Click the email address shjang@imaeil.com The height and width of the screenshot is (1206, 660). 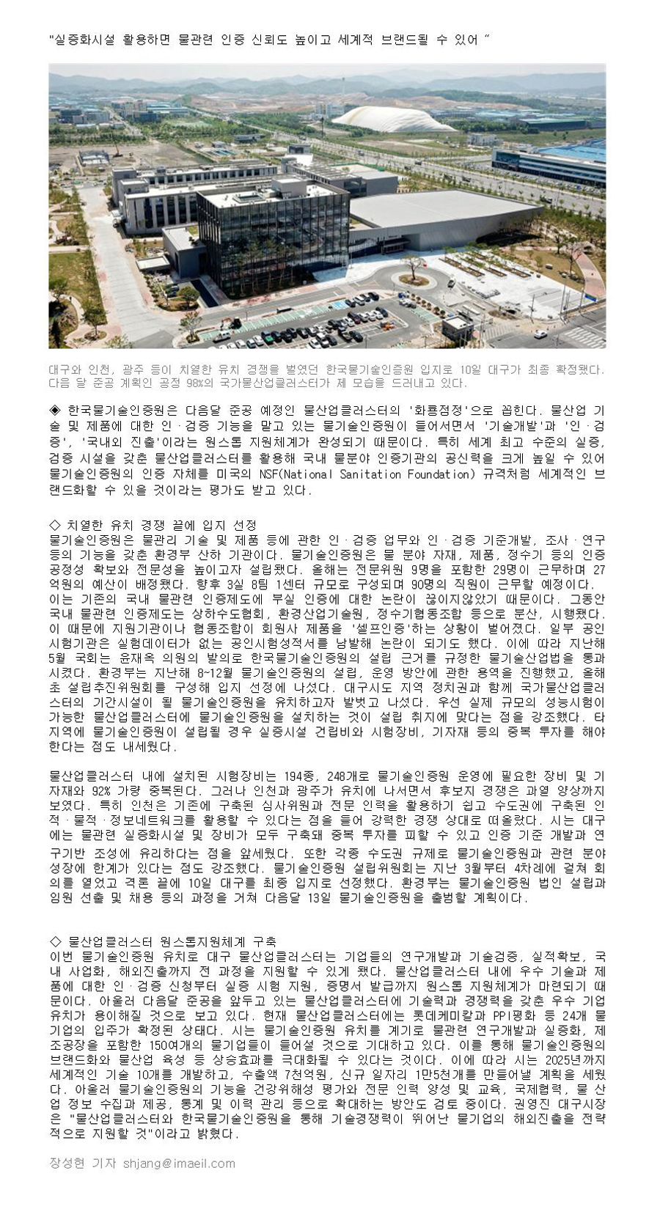tap(179, 1163)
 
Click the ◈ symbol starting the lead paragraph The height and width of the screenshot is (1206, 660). tap(55, 411)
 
